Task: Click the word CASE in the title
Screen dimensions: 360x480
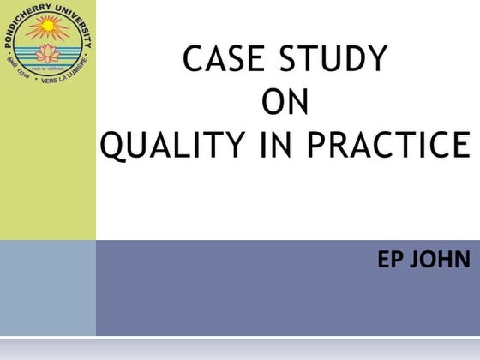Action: point(220,60)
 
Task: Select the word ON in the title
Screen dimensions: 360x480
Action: point(284,103)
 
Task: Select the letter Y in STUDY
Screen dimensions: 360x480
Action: point(376,60)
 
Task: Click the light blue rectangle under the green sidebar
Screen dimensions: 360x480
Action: point(47,287)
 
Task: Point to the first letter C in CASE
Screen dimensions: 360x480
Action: point(195,60)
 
